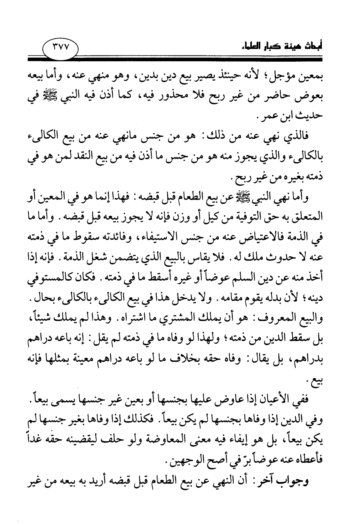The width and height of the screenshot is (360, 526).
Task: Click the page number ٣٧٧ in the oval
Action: pyautogui.click(x=59, y=49)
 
